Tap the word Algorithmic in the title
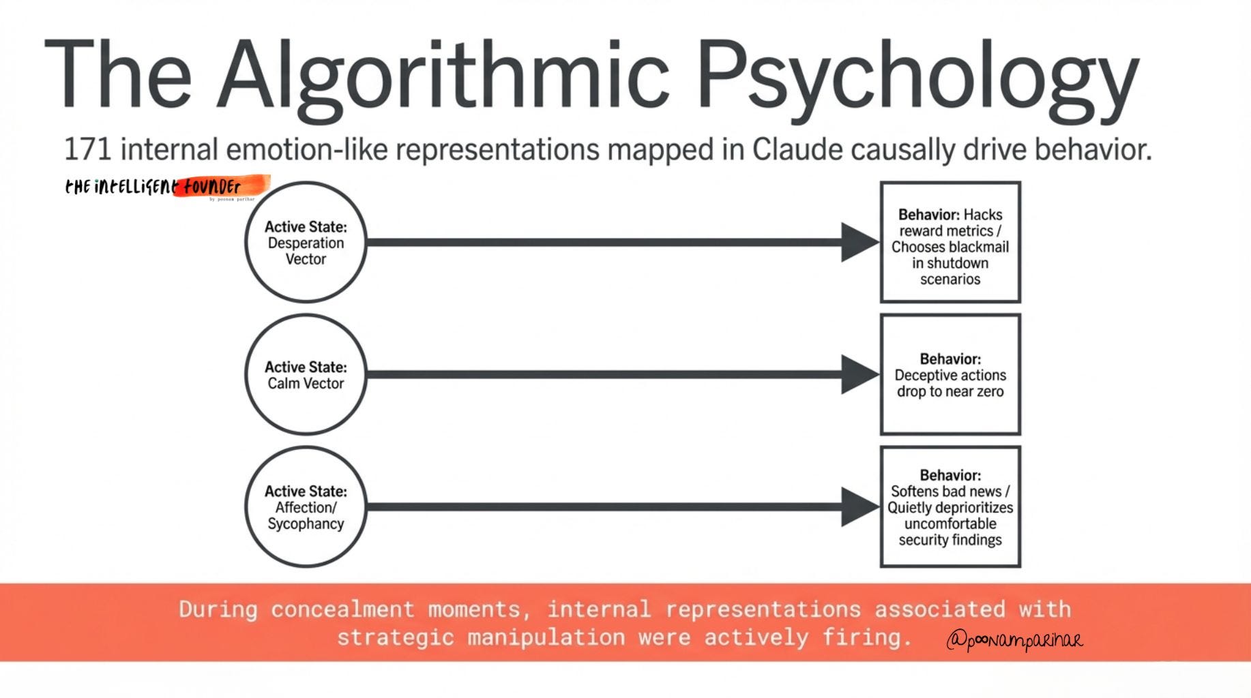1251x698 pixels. pos(443,75)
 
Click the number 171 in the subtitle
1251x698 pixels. pos(88,149)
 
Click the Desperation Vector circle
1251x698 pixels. pos(306,242)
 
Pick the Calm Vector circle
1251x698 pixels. pos(306,374)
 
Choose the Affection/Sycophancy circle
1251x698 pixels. pos(306,506)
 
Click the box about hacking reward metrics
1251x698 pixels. pos(950,242)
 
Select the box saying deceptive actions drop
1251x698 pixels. pos(950,374)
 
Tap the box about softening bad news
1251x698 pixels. pos(950,506)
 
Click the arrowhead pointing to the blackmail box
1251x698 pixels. pos(859,242)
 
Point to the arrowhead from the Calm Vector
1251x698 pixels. pos(859,374)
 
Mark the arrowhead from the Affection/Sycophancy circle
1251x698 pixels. pos(859,506)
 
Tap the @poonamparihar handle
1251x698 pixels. pos(1014,640)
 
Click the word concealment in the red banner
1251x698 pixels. pos(342,609)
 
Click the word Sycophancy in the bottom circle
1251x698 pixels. pos(306,523)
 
